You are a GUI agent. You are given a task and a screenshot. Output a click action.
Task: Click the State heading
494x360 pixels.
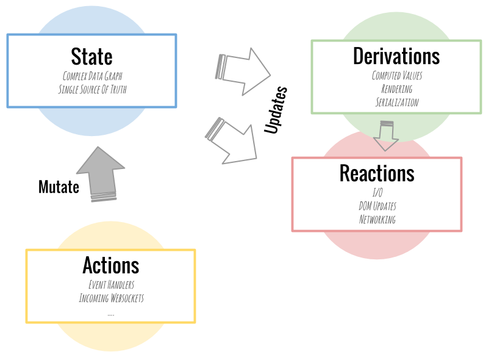click(91, 57)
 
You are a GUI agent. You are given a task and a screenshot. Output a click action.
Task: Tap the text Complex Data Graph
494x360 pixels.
click(92, 76)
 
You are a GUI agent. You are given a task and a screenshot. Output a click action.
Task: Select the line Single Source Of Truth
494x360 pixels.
click(92, 90)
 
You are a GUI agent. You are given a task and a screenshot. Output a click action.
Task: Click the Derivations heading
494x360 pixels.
click(396, 56)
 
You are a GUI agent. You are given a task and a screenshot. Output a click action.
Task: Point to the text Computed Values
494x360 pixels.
click(396, 76)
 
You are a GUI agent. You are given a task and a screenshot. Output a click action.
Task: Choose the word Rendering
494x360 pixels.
click(396, 89)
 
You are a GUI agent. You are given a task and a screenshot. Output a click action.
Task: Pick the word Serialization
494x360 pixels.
click(396, 103)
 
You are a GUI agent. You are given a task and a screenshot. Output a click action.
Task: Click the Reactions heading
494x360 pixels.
click(376, 173)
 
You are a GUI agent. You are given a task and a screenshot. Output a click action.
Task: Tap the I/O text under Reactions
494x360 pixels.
click(377, 193)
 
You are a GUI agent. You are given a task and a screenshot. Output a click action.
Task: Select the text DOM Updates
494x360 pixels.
click(377, 206)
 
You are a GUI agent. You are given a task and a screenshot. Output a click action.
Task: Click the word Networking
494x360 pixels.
click(377, 220)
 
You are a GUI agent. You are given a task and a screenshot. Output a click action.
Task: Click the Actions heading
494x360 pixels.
click(110, 265)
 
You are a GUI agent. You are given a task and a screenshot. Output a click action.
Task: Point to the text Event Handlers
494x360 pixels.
click(111, 285)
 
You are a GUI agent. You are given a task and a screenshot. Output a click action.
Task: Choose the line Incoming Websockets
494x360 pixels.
click(111, 298)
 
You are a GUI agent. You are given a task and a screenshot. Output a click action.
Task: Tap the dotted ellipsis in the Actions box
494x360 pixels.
click(111, 314)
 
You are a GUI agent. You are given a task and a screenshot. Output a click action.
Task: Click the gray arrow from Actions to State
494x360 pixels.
click(101, 174)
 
